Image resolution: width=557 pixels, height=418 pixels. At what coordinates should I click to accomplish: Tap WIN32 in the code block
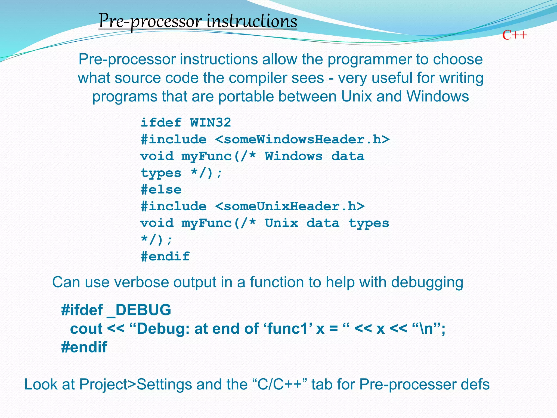click(x=210, y=123)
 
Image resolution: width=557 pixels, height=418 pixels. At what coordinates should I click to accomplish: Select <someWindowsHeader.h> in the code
click(x=302, y=140)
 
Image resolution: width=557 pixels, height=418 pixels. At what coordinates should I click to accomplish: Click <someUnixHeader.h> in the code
click(x=290, y=207)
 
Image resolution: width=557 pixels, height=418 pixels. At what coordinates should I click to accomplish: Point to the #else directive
click(x=161, y=190)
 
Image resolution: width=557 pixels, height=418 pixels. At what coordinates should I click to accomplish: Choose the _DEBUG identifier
click(x=139, y=310)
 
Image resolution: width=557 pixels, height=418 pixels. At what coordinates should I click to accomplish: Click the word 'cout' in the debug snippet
click(x=86, y=329)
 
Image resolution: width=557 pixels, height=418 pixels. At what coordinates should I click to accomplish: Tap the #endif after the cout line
click(x=84, y=347)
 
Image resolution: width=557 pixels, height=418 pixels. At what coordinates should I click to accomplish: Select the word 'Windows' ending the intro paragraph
click(x=438, y=96)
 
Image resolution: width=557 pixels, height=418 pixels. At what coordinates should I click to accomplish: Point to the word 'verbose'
click(x=141, y=282)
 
